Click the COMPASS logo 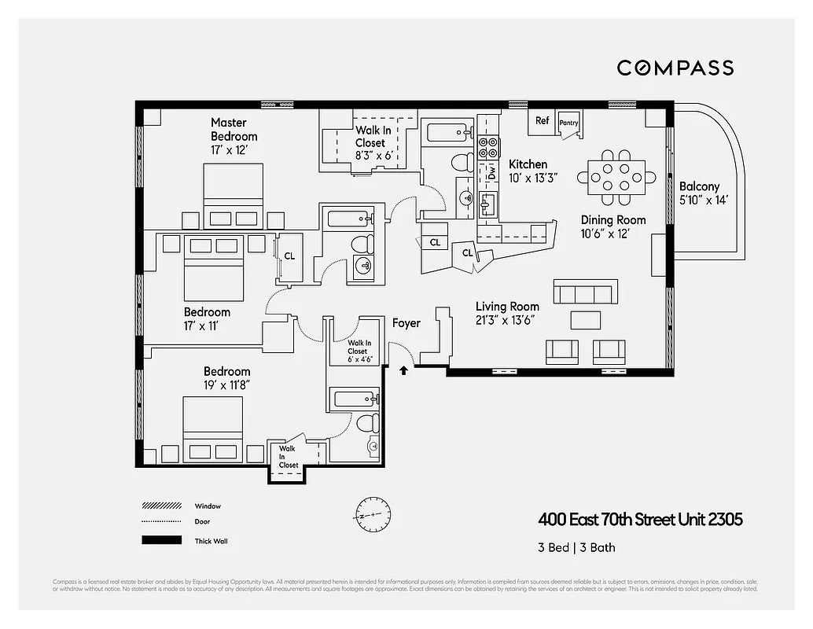pos(675,68)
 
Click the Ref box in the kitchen pos(542,121)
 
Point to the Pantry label pos(568,123)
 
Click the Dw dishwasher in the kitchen pos(491,172)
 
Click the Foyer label pos(406,323)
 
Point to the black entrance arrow pos(404,370)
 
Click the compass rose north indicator pos(370,516)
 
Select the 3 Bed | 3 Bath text pos(577,547)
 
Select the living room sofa pos(584,292)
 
